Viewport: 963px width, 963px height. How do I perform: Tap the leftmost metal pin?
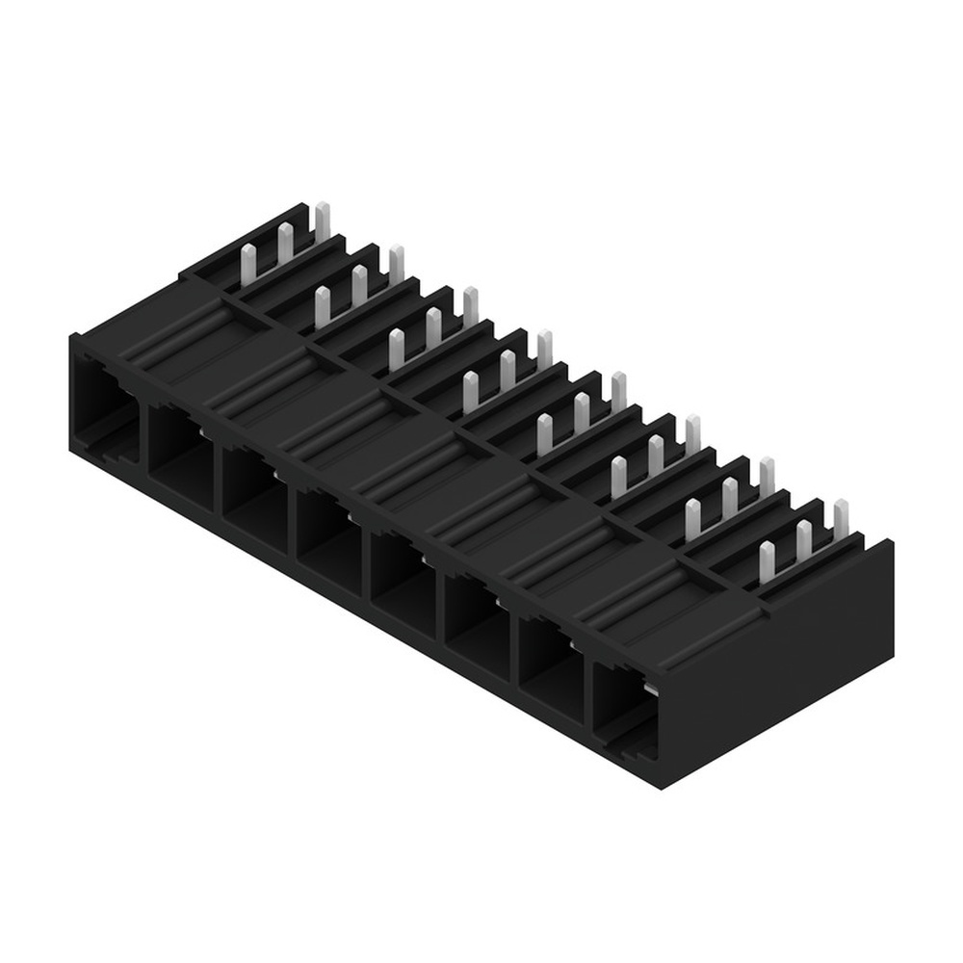click(x=247, y=260)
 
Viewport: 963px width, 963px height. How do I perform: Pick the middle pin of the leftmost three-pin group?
click(x=285, y=240)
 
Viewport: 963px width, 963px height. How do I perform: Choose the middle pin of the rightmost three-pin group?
click(x=804, y=540)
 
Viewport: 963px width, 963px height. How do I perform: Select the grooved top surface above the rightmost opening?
click(x=693, y=616)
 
